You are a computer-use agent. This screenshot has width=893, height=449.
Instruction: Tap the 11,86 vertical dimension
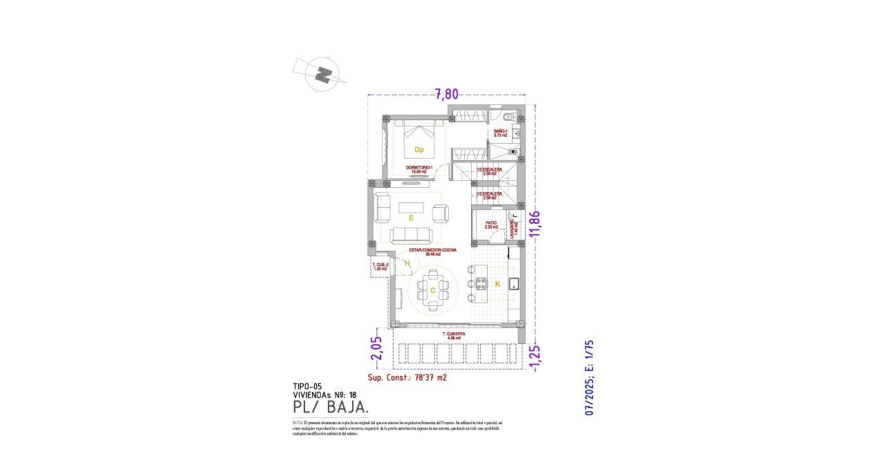(534, 223)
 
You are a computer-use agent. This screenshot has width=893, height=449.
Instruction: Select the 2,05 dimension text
(376, 349)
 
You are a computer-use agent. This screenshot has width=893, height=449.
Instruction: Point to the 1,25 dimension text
(534, 354)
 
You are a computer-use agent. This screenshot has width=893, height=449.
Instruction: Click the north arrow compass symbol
(322, 73)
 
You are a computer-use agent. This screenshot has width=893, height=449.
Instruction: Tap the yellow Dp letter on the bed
(418, 149)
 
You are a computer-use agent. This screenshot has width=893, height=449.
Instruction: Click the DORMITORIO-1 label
(420, 169)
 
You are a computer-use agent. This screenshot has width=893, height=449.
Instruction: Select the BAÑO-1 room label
(501, 133)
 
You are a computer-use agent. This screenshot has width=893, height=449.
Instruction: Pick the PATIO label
(491, 224)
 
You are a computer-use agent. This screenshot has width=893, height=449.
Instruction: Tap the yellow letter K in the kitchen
(497, 283)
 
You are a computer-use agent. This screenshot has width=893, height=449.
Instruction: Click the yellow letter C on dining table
(433, 291)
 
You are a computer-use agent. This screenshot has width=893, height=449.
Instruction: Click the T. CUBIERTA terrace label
(454, 336)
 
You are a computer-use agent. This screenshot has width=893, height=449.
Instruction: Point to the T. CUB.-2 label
(380, 267)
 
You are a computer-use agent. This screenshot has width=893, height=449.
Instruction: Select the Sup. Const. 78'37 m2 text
(407, 378)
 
